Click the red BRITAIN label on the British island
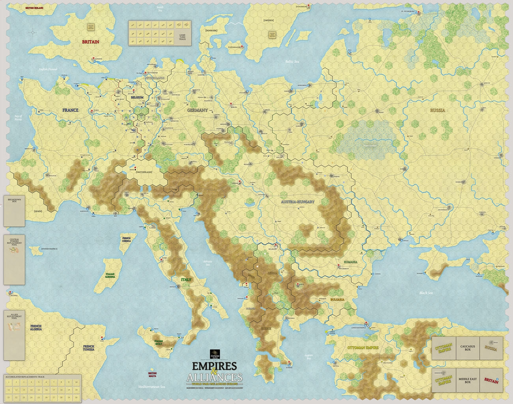[x=90, y=41]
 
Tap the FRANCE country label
[x=70, y=110]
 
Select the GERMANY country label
[x=197, y=110]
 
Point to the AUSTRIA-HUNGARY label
[x=298, y=202]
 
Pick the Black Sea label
[x=426, y=293]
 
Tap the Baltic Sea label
[x=292, y=61]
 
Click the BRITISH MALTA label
[x=152, y=374]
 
